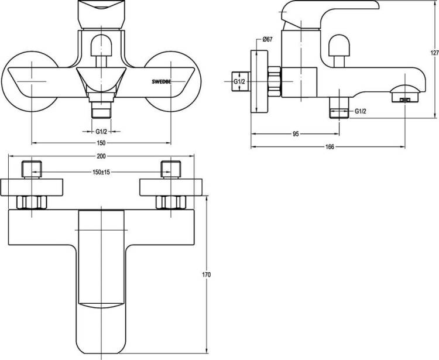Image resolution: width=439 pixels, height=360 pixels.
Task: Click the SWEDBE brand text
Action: pyautogui.click(x=162, y=82)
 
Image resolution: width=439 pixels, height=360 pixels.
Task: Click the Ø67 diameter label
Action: pyautogui.click(x=267, y=40)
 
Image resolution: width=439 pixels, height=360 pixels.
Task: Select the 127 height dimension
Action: pyautogui.click(x=435, y=53)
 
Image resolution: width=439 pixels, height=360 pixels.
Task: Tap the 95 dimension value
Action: pyautogui.click(x=296, y=134)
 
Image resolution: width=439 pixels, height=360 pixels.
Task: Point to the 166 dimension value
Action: pyautogui.click(x=330, y=147)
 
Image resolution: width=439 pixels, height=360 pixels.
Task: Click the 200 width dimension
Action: pyautogui.click(x=101, y=156)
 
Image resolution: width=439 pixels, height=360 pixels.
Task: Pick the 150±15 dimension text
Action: pyautogui.click(x=101, y=172)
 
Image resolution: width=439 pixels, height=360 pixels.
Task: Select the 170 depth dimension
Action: pyautogui.click(x=207, y=275)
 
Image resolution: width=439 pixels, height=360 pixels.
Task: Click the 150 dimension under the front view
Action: pyautogui.click(x=101, y=143)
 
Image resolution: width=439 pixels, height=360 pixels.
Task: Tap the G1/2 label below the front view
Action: pyautogui.click(x=101, y=131)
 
